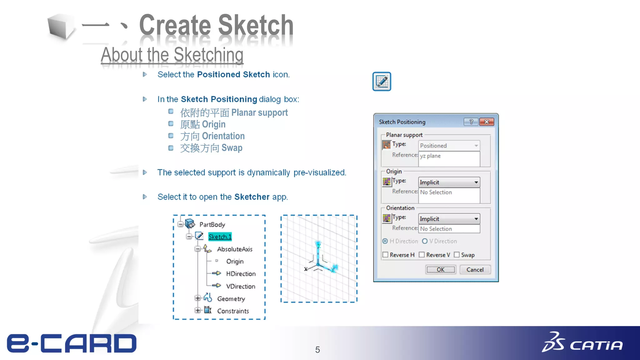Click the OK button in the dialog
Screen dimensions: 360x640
click(x=440, y=270)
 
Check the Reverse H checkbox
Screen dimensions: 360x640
click(x=385, y=255)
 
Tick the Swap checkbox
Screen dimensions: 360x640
click(x=457, y=255)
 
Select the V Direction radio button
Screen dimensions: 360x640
click(x=425, y=241)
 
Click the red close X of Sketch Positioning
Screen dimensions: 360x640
click(x=487, y=122)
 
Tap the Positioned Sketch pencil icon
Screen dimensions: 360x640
click(x=382, y=82)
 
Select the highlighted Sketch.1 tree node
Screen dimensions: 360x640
click(x=220, y=237)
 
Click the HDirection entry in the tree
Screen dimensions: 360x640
click(x=241, y=274)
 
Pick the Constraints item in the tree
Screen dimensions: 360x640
click(x=233, y=311)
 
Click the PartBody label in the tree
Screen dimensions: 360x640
click(x=212, y=225)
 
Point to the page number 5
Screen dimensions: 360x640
click(x=317, y=350)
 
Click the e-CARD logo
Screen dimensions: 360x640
click(x=72, y=343)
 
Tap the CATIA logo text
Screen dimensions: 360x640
click(x=596, y=345)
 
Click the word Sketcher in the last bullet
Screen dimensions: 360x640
click(x=252, y=197)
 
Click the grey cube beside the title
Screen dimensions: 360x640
click(x=61, y=27)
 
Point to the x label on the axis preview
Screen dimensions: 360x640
click(x=306, y=269)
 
